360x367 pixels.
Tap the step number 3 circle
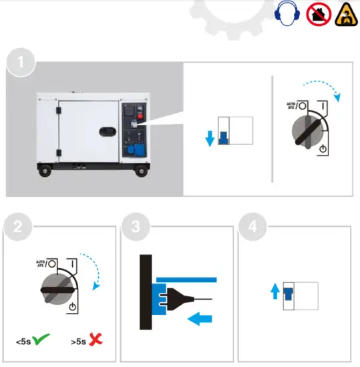point(136,227)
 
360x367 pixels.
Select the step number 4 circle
point(252,227)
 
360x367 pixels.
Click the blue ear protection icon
point(285,12)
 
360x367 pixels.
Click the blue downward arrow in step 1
point(209,138)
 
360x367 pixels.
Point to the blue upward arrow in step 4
point(274,291)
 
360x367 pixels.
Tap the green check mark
point(43,340)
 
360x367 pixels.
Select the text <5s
point(23,342)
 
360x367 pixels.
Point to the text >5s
point(77,342)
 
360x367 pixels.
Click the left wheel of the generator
point(45,172)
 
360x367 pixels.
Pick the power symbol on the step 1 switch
point(323,149)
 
